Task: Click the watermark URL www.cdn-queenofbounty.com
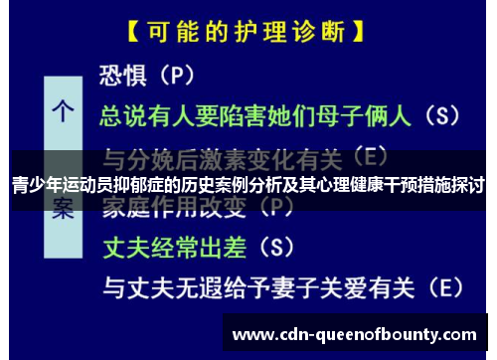[354, 334]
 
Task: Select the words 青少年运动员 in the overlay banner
[53, 184]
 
